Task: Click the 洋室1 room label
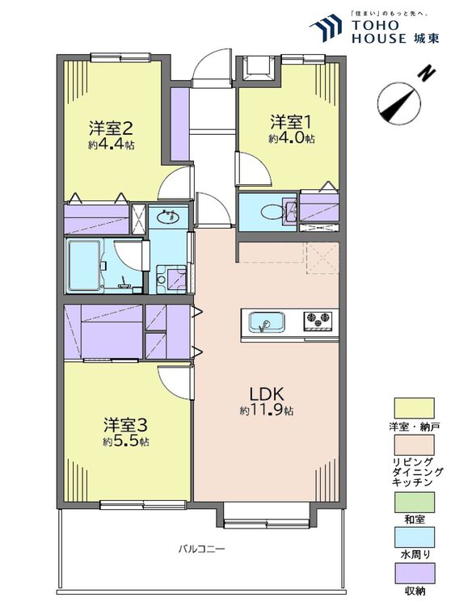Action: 290,122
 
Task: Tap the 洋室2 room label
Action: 112,128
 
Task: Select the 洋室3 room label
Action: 125,426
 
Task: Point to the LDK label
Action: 267,394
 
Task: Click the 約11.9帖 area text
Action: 267,410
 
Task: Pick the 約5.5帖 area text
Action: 125,441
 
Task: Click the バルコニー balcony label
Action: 201,549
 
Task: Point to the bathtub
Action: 85,266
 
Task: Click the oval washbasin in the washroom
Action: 168,217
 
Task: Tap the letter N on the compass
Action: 428,74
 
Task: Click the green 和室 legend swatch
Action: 414,502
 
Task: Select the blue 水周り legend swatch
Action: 414,537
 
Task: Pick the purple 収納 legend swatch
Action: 414,573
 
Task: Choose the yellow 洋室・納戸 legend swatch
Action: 414,408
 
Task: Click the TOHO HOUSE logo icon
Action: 326,27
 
